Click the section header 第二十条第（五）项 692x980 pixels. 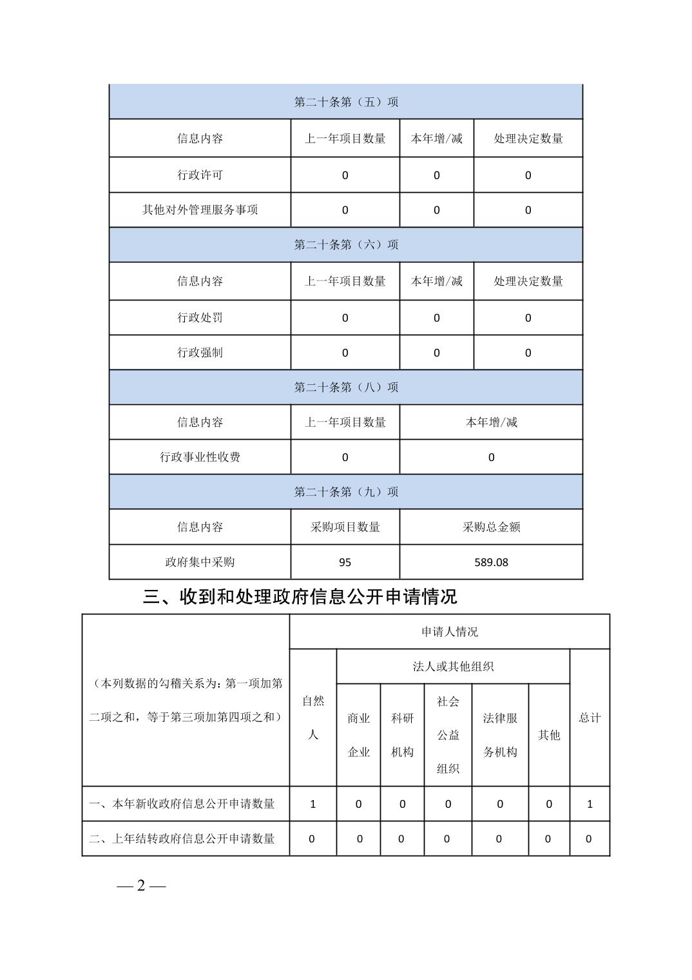346,102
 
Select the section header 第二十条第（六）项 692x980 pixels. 346,244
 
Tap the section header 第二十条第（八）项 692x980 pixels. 346,387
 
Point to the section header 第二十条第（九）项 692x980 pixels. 346,492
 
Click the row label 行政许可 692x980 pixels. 200,175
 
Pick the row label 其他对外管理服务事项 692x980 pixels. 200,210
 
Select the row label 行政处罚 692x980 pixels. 200,317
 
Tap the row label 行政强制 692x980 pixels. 200,352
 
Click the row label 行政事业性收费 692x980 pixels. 200,457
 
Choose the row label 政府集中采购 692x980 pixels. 200,562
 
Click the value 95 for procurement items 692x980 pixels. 345,562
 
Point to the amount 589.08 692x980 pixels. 491,562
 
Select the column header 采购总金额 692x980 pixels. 491,527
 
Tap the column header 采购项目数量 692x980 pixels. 345,527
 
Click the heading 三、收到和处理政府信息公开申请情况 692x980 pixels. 300,597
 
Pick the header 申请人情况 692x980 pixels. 450,632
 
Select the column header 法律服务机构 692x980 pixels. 500,735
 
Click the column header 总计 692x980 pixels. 590,718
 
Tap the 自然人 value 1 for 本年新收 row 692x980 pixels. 313,804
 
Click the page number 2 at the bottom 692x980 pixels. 141,886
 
